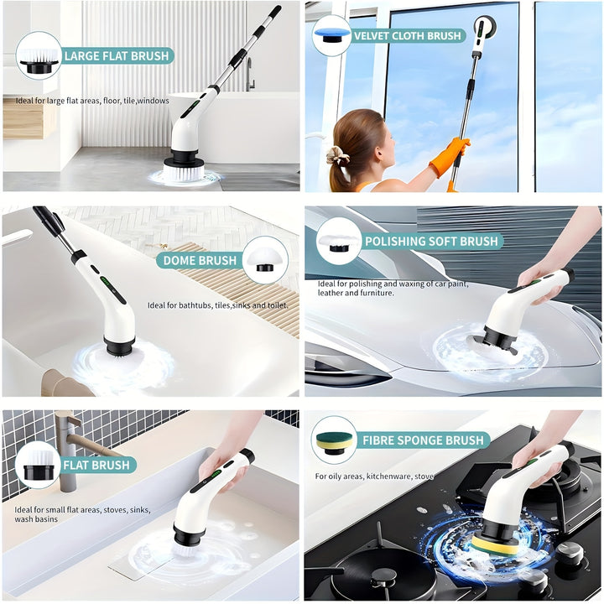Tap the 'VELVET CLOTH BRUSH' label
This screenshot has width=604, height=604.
[x=407, y=36]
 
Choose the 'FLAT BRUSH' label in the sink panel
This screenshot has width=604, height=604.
[x=97, y=465]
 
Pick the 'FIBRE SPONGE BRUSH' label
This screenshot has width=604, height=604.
[x=424, y=440]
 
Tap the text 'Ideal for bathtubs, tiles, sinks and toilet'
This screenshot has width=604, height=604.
[x=218, y=305]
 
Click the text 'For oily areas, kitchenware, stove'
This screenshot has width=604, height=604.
[x=374, y=476]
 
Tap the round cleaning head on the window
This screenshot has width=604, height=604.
[x=482, y=27]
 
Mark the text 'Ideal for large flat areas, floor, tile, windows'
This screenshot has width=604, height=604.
[x=92, y=101]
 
